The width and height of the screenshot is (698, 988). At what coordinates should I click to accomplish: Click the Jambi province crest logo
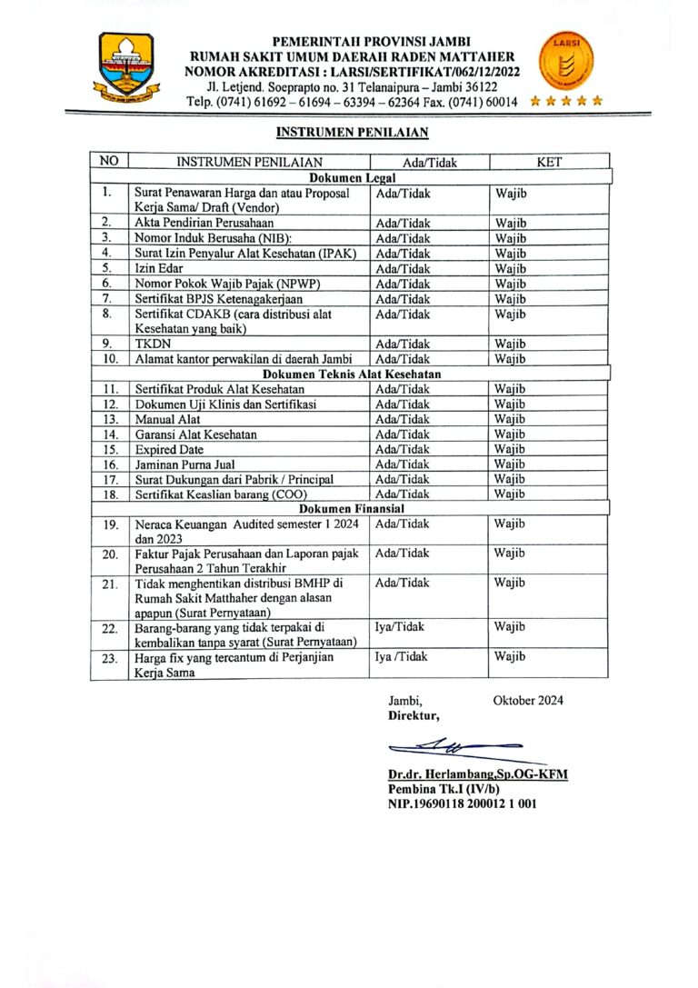[x=126, y=67]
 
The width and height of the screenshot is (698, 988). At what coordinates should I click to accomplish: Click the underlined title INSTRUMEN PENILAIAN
[x=352, y=133]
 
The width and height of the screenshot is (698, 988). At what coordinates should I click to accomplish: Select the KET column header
[x=549, y=163]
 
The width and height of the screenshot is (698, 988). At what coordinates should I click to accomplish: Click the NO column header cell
[x=109, y=162]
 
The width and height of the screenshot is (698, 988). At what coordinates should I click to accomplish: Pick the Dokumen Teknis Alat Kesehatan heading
[x=352, y=374]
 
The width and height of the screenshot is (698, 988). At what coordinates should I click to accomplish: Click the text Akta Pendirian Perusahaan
[x=204, y=223]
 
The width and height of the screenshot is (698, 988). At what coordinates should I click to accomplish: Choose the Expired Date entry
[x=169, y=449]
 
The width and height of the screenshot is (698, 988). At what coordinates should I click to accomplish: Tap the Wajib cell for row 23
[x=511, y=656]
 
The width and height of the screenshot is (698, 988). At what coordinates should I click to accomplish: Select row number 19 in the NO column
[x=109, y=524]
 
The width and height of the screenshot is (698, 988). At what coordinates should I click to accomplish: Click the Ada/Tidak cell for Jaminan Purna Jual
[x=403, y=464]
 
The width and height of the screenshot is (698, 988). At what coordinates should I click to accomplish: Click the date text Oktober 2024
[x=528, y=700]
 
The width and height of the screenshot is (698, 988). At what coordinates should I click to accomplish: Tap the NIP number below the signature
[x=462, y=803]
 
